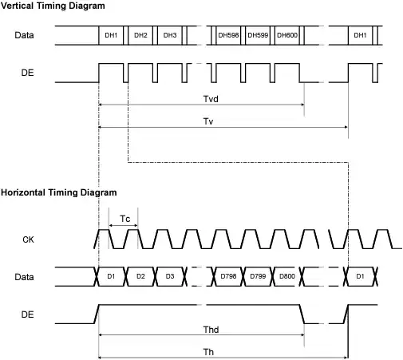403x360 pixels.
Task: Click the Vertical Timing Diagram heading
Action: click(x=53, y=6)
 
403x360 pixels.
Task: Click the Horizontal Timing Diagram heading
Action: click(x=59, y=192)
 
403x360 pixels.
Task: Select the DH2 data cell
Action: click(x=140, y=35)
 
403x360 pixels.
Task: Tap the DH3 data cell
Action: click(x=170, y=35)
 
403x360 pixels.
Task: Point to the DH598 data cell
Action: click(x=228, y=35)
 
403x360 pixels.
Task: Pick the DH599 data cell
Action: click(x=258, y=35)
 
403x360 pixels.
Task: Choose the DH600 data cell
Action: click(x=287, y=35)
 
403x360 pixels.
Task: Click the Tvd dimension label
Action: click(x=211, y=99)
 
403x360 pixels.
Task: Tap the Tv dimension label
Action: click(x=208, y=121)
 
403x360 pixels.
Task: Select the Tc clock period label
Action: click(x=125, y=219)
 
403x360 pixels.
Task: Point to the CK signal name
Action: click(x=28, y=239)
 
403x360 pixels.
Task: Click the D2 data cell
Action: click(x=140, y=276)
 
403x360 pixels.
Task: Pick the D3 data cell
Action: click(x=170, y=276)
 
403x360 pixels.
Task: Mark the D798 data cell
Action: click(x=228, y=276)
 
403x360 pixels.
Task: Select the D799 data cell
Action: click(x=258, y=276)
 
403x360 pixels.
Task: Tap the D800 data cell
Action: click(x=287, y=276)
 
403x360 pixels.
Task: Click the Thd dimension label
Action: click(x=211, y=330)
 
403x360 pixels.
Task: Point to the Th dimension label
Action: click(x=208, y=352)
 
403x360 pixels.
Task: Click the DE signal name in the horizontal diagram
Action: click(x=27, y=315)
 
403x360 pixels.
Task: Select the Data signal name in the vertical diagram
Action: click(x=24, y=35)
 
